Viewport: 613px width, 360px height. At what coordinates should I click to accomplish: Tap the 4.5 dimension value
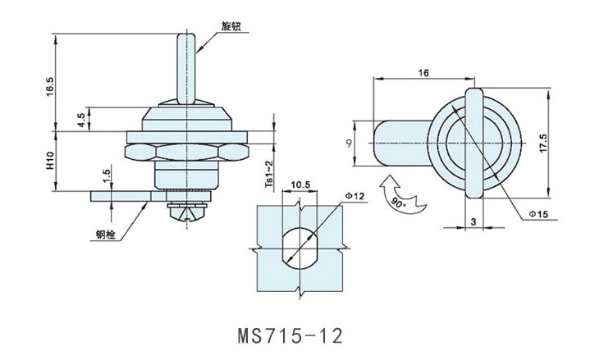(x=80, y=119)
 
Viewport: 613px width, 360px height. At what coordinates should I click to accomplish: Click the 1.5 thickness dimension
(x=107, y=176)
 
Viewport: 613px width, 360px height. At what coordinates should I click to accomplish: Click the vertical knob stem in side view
(x=185, y=66)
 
